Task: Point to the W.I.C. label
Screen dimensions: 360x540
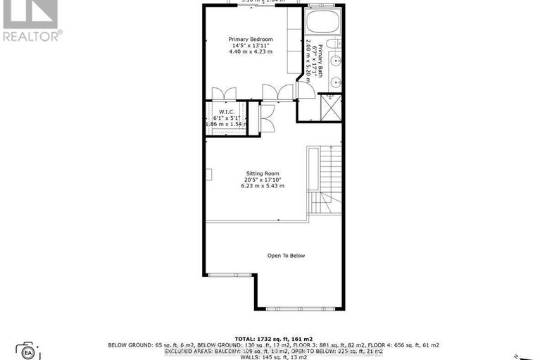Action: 227,111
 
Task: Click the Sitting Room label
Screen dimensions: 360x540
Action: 263,173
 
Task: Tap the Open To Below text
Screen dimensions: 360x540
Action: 286,256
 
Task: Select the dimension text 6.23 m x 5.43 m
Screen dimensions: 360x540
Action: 264,186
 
